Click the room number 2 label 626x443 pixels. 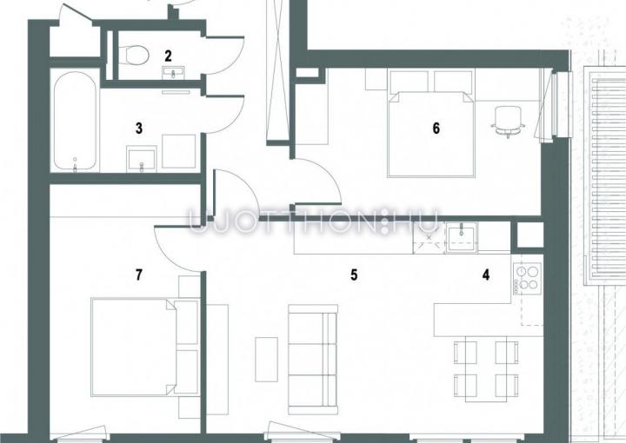[168, 56]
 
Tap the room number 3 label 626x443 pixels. [139, 129]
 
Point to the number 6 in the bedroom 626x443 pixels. [436, 128]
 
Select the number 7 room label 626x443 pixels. [139, 274]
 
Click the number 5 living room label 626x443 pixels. [354, 274]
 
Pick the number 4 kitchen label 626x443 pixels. [486, 274]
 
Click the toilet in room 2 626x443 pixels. [135, 55]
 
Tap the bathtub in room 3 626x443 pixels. [75, 122]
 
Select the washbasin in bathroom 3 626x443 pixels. [142, 159]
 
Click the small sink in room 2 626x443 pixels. [173, 73]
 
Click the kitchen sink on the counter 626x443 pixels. [462, 237]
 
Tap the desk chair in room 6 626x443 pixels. [508, 122]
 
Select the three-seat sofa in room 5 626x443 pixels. [313, 360]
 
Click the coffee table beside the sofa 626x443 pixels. [266, 360]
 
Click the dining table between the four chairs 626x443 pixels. [486, 368]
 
